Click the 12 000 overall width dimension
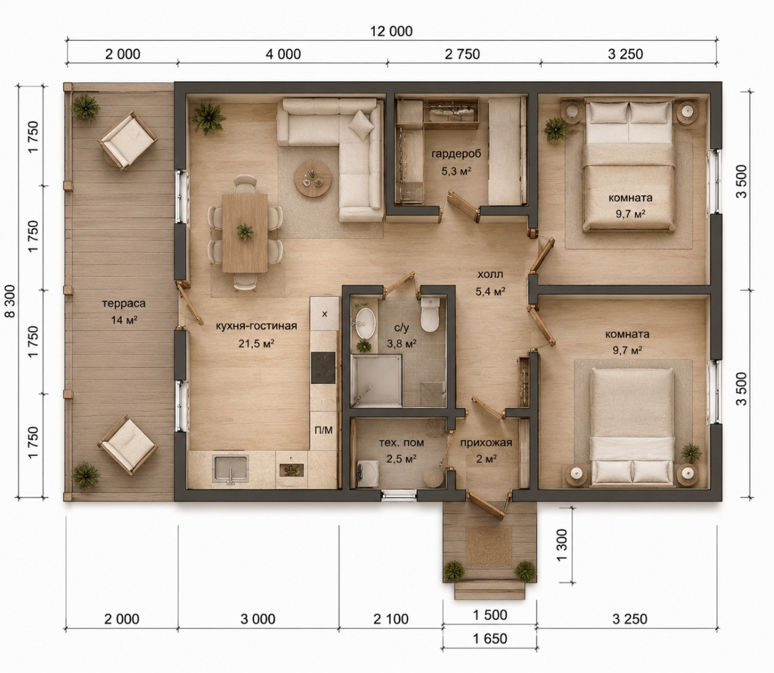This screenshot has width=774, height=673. [x=391, y=32]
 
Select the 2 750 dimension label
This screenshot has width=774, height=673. [x=462, y=54]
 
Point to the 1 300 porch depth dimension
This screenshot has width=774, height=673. [x=562, y=545]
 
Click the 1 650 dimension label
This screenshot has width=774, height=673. [x=490, y=638]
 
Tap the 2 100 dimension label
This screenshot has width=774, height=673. [x=391, y=619]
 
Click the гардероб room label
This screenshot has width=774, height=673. [x=456, y=154]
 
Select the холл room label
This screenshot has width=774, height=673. [x=490, y=274]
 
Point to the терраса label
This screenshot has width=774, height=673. [x=124, y=303]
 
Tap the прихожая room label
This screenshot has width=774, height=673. [x=486, y=442]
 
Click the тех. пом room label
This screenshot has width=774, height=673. [x=402, y=442]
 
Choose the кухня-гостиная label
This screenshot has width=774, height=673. [x=256, y=326]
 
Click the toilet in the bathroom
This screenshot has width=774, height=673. [x=430, y=314]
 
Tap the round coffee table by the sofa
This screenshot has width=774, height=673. [x=313, y=179]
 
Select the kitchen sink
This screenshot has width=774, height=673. [x=231, y=470]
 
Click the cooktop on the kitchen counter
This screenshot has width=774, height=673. [x=323, y=368]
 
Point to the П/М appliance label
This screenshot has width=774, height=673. [x=323, y=430]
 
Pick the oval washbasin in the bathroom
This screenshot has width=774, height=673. [x=365, y=323]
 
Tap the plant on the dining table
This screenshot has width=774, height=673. [x=245, y=231]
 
